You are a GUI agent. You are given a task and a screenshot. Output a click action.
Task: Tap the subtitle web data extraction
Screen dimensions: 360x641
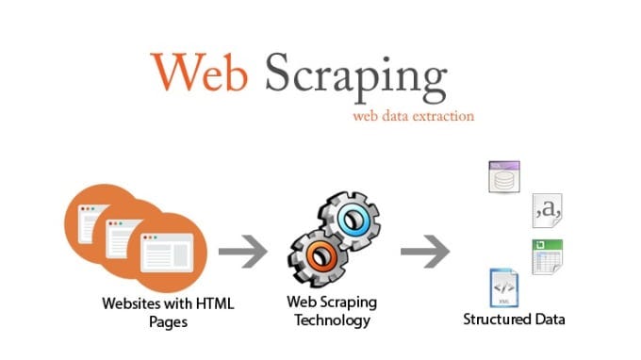[413, 117]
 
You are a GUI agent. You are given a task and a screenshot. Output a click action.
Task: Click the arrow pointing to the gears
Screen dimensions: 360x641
[244, 252]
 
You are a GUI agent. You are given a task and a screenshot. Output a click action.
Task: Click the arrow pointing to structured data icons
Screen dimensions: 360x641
[425, 252]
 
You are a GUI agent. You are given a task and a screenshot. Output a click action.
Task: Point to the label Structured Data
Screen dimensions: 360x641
[514, 319]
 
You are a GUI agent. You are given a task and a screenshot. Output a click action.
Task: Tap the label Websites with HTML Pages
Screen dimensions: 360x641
[169, 313]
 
